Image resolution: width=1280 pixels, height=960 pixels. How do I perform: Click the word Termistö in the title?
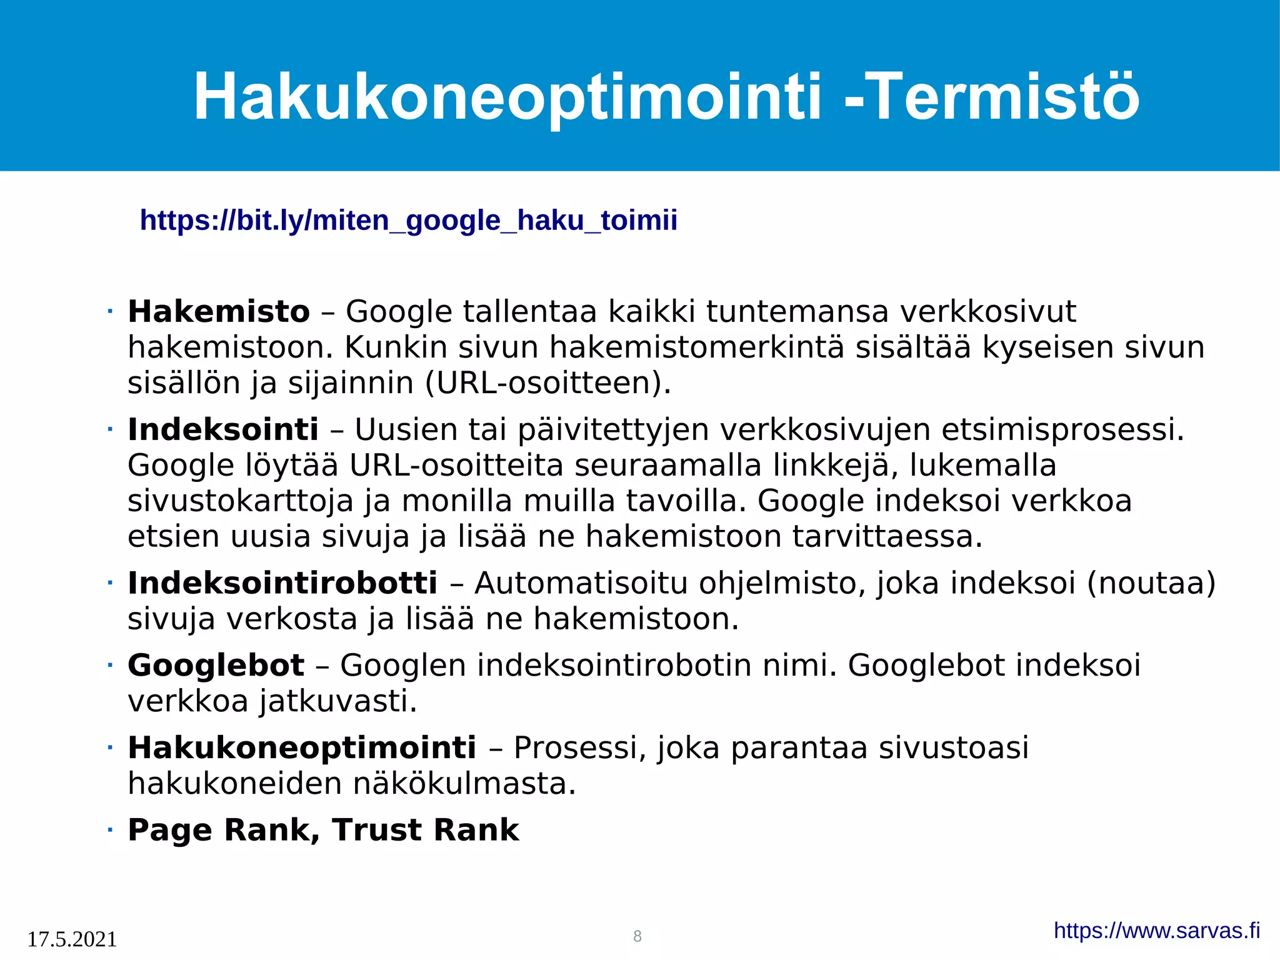pyautogui.click(x=1003, y=97)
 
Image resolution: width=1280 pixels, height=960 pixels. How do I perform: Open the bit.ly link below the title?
pyautogui.click(x=408, y=221)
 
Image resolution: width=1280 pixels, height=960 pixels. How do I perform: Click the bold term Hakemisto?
pyautogui.click(x=219, y=311)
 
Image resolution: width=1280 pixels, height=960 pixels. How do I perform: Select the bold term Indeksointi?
pyautogui.click(x=223, y=429)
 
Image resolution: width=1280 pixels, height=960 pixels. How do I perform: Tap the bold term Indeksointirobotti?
pyautogui.click(x=282, y=583)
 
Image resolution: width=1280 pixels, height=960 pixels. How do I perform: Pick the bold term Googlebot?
pyautogui.click(x=216, y=665)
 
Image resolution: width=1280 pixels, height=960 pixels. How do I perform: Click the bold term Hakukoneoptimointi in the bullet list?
pyautogui.click(x=302, y=747)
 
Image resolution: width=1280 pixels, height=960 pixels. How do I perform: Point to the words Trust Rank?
pyautogui.click(x=426, y=830)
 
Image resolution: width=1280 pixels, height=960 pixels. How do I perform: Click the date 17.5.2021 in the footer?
pyautogui.click(x=72, y=939)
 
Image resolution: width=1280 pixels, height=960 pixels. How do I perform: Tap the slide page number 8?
pyautogui.click(x=637, y=936)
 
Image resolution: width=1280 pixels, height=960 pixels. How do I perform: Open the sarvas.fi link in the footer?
pyautogui.click(x=1156, y=931)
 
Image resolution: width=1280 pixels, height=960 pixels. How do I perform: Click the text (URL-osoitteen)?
pyautogui.click(x=547, y=383)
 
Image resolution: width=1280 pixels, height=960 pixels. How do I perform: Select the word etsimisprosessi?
pyautogui.click(x=1062, y=429)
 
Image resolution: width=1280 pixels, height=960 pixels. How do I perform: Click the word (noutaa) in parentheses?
pyautogui.click(x=1151, y=583)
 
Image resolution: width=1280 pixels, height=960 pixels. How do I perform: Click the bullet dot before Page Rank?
pyautogui.click(x=110, y=831)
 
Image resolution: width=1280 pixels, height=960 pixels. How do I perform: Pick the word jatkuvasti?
pyautogui.click(x=338, y=701)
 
